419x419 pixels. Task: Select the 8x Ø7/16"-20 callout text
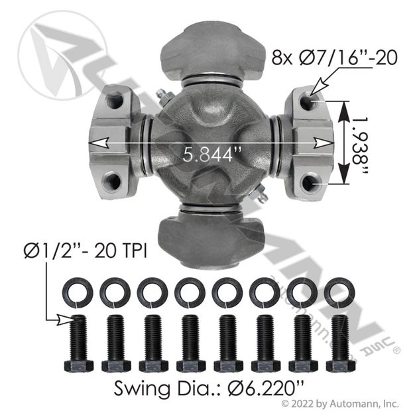pos(334,58)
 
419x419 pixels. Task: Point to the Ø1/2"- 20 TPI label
pos(86,251)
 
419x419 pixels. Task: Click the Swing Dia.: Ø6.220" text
pos(209,388)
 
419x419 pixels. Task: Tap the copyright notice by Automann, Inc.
pos(340,404)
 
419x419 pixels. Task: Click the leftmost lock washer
pos(78,293)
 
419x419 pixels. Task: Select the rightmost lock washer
pos(339,293)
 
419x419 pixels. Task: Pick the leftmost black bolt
pos(79,343)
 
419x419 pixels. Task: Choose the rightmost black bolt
pos(341,343)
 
